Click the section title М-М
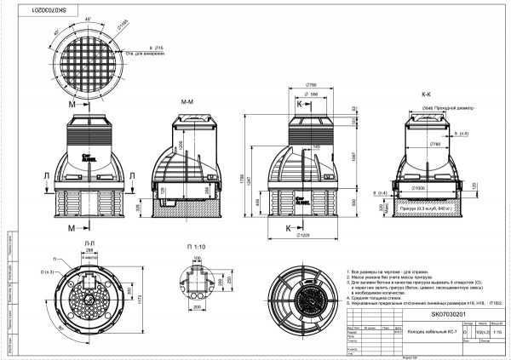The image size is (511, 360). point(187,101)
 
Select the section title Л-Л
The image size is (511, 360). point(89,243)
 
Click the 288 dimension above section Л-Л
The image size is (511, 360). point(89,252)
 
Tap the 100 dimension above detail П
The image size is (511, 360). point(197,256)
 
